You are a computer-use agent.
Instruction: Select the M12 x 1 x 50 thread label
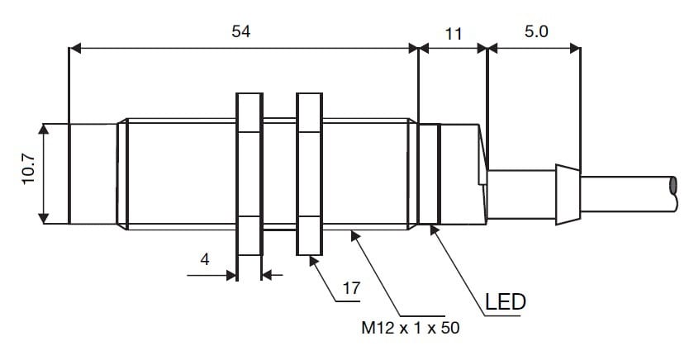[410, 328]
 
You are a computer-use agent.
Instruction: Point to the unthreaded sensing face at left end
[93, 173]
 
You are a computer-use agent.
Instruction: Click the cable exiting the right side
[636, 194]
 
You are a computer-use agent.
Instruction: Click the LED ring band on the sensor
[429, 173]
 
